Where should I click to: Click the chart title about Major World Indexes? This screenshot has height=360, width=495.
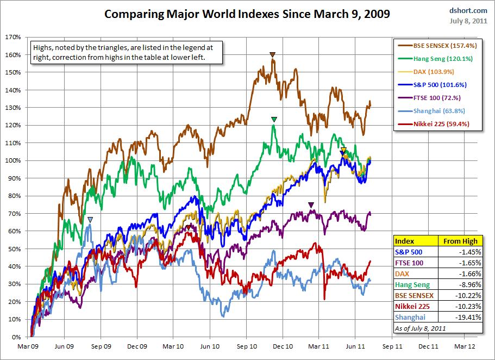[247, 14]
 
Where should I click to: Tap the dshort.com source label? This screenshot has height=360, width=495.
[468, 10]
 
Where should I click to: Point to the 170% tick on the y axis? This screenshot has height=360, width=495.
[13, 38]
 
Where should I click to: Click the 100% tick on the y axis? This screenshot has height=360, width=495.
[13, 161]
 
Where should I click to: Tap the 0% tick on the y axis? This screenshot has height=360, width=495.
[16, 337]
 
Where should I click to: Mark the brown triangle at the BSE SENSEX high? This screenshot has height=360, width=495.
[273, 54]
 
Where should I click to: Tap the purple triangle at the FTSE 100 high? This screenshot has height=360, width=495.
[311, 205]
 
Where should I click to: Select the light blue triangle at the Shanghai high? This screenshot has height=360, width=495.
[90, 220]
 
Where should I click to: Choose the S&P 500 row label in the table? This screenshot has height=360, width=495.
[408, 252]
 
